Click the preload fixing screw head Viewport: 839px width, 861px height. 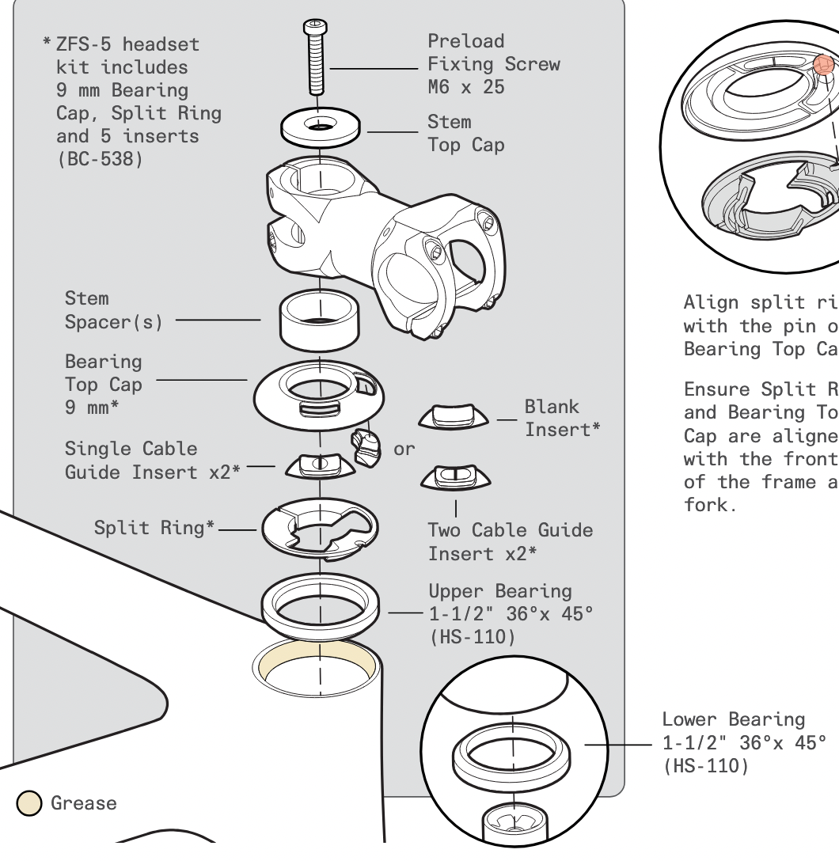(315, 28)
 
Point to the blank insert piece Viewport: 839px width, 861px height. (453, 417)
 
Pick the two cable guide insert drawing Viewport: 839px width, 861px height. (455, 477)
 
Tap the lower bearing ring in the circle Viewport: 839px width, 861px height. (513, 751)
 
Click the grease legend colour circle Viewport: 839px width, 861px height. (29, 803)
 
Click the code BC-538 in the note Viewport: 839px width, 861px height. (101, 159)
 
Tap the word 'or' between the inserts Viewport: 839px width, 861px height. (404, 449)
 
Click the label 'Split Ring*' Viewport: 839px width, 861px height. (154, 528)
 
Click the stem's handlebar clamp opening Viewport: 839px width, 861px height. (463, 261)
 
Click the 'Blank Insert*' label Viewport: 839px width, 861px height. (562, 418)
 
